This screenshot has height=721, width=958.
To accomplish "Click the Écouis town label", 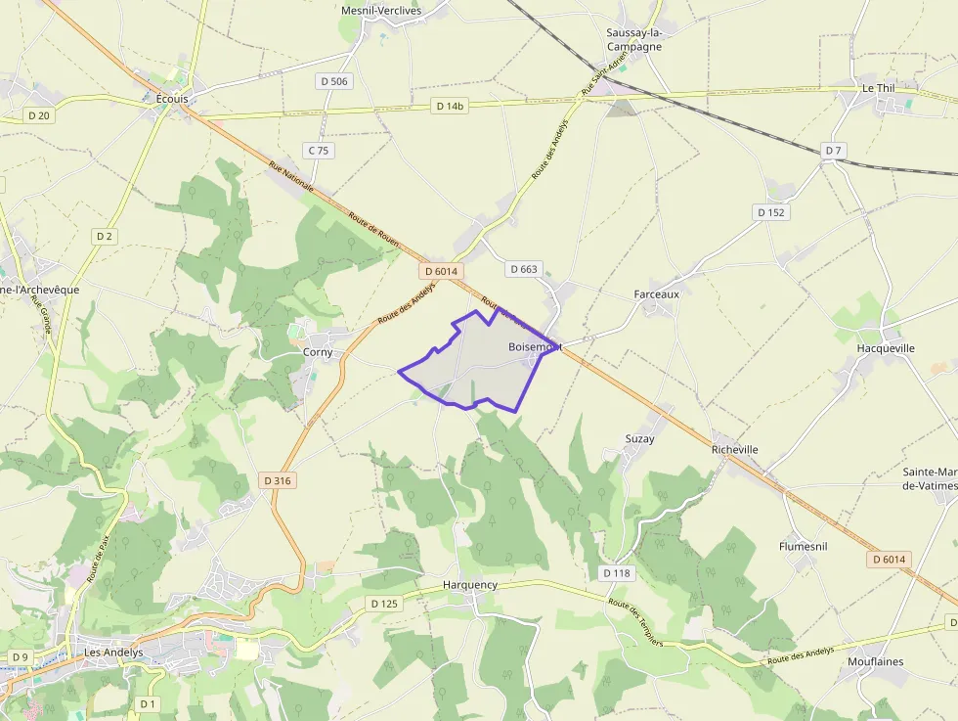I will (x=171, y=99).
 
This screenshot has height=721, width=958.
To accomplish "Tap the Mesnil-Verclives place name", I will (x=380, y=10).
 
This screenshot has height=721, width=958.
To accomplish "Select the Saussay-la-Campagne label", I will (x=634, y=39).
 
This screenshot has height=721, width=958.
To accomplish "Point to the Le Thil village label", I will (x=878, y=88).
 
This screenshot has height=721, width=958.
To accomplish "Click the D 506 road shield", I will (x=334, y=81).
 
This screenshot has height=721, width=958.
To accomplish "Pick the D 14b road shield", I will (x=451, y=106).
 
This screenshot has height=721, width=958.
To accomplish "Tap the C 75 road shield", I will (x=319, y=150).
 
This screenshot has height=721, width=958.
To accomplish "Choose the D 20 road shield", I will (x=39, y=115).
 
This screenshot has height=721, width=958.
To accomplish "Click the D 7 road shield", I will (x=833, y=150).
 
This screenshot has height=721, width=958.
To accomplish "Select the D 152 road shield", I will (x=771, y=212).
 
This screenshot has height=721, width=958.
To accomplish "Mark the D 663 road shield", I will (x=524, y=269).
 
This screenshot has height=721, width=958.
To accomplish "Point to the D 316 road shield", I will (x=279, y=480).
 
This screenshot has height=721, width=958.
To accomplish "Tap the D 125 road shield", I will (x=385, y=604).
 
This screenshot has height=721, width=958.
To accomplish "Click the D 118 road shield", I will (x=618, y=572).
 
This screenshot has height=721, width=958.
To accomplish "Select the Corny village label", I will (x=318, y=352).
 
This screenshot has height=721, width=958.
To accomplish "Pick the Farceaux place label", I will (x=656, y=293).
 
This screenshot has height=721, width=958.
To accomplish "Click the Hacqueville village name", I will (x=886, y=348).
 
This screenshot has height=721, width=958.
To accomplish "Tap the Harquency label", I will (x=470, y=585).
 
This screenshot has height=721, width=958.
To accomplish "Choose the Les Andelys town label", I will (x=113, y=653).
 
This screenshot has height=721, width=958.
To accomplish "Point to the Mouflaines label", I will (x=876, y=661).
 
